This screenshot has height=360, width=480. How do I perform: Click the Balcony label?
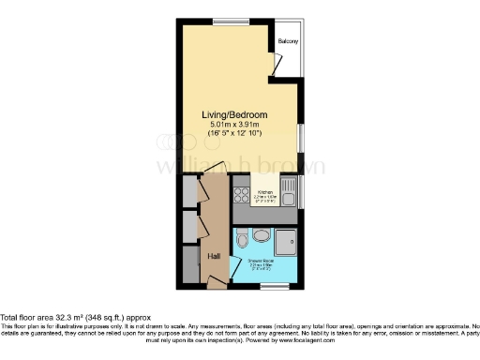click(x=288, y=42)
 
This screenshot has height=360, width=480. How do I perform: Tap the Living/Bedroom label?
click(x=235, y=115)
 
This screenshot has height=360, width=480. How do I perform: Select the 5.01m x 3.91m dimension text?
click(x=235, y=126)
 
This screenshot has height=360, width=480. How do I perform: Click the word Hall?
click(x=214, y=255)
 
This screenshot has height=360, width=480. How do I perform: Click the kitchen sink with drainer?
click(x=289, y=195)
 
